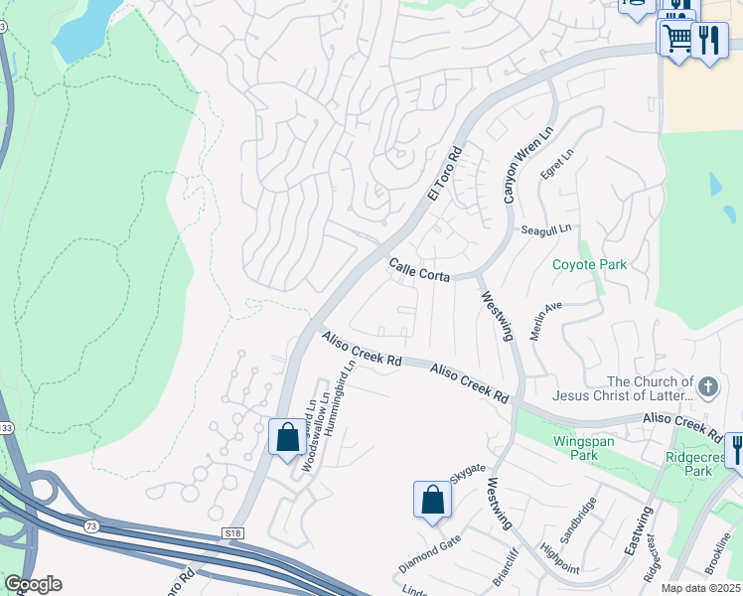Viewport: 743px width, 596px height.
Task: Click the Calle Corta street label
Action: (x=419, y=269)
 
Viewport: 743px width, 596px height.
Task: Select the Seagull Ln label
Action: (x=546, y=229)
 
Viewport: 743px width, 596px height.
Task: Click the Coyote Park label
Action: (x=589, y=265)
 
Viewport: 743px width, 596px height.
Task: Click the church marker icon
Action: (x=707, y=386)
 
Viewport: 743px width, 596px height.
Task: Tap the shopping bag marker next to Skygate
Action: (x=432, y=499)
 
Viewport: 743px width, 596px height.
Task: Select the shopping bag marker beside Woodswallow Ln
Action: (x=287, y=436)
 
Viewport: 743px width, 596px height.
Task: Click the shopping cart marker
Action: (x=677, y=39)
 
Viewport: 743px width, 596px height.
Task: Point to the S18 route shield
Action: (x=232, y=534)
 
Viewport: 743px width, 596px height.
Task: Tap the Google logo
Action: (x=33, y=584)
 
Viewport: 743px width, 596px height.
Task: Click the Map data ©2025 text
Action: (x=701, y=588)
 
